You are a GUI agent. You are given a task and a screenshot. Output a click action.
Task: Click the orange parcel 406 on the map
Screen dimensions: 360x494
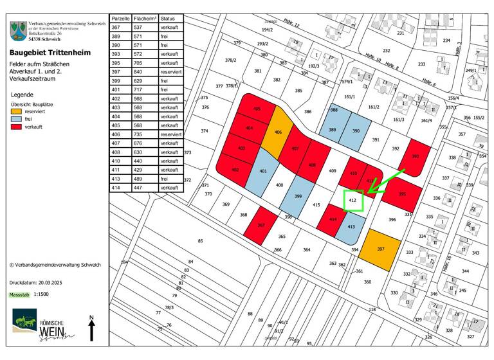[278, 131]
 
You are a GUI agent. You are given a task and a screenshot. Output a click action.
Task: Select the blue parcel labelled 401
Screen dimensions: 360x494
[263, 171]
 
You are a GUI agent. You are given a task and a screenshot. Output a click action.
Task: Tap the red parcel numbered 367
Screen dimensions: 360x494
[261, 224]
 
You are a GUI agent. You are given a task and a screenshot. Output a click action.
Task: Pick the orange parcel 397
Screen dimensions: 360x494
[380, 249]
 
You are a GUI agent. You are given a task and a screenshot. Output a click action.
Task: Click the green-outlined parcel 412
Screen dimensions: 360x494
[352, 201]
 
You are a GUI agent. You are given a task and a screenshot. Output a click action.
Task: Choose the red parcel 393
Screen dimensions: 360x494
[415, 156]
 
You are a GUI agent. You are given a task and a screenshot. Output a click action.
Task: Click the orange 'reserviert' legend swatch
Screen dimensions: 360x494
[17, 112]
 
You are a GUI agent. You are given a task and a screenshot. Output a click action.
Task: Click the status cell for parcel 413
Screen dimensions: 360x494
[170, 178]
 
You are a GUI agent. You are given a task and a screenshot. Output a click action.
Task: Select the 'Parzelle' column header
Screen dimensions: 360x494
[120, 19]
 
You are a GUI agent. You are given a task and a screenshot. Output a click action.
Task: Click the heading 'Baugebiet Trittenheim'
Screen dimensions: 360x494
[48, 53]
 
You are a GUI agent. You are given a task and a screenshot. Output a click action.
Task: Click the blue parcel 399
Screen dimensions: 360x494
[298, 197]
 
